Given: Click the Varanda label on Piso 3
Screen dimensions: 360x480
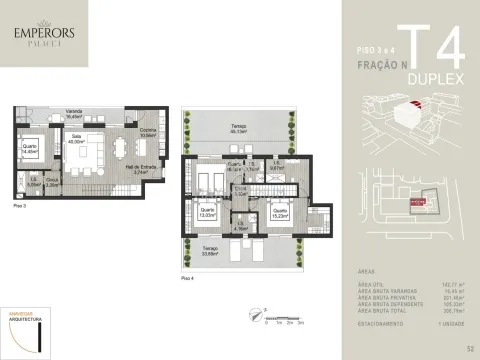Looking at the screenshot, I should click(73, 114).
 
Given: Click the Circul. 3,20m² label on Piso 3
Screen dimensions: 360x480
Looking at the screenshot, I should click(53, 182).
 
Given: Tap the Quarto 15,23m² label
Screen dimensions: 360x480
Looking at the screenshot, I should click(280, 213).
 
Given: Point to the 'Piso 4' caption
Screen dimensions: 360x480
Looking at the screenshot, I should click(185, 276).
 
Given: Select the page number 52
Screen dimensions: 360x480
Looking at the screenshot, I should click(469, 348).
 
